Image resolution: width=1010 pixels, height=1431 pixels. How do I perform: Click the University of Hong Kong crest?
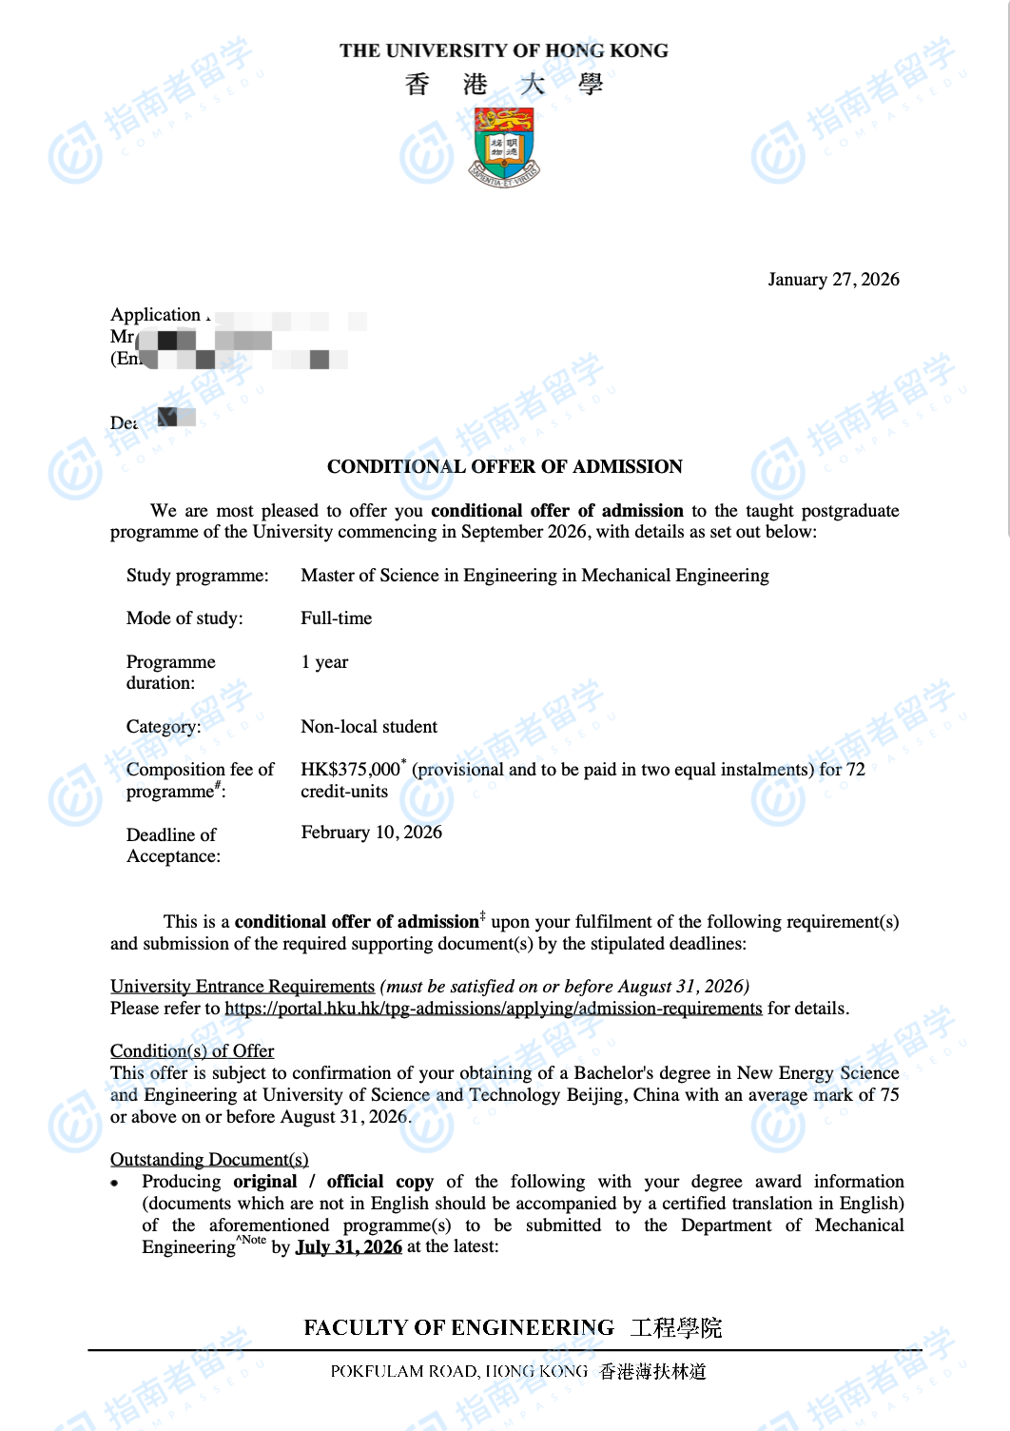tap(504, 146)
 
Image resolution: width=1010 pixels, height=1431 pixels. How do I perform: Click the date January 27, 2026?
tap(833, 279)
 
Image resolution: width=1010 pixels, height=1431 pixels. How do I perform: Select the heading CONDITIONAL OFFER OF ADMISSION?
tap(504, 466)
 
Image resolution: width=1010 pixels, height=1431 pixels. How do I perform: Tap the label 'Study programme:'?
tap(197, 576)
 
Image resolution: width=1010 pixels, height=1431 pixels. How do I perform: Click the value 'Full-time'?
tap(336, 618)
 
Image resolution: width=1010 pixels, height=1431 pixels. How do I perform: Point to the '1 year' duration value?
tap(324, 662)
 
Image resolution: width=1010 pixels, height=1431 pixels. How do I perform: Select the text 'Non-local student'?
tap(369, 727)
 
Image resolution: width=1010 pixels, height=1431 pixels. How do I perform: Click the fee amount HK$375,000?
tap(350, 769)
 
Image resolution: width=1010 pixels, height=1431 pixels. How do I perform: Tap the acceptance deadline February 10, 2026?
tap(371, 833)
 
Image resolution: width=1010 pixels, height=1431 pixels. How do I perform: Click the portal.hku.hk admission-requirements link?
tap(493, 1009)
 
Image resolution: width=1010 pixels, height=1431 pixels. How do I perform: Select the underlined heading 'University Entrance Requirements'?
tap(243, 987)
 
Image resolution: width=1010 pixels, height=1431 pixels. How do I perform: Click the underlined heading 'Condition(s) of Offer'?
tap(192, 1051)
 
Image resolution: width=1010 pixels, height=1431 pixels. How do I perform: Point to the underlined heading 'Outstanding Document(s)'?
tap(209, 1160)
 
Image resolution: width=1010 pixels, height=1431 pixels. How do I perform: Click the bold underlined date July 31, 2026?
tap(349, 1247)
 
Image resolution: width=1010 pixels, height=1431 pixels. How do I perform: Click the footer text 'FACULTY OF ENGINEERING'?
tap(458, 1328)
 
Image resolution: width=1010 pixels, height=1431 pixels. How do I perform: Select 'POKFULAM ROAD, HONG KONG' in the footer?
tap(458, 1371)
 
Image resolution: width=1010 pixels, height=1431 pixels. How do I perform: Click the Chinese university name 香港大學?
tap(504, 85)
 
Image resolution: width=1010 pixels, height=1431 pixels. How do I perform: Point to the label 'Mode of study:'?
tap(185, 618)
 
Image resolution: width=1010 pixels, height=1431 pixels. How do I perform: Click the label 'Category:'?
tap(164, 727)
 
